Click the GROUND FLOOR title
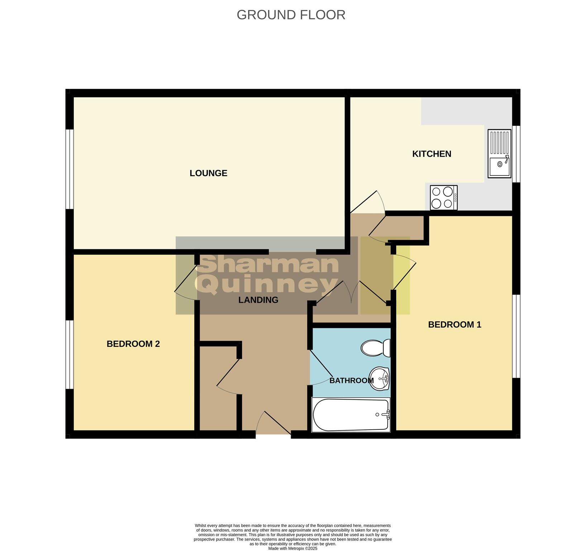[x=291, y=15]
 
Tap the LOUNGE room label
[x=208, y=173]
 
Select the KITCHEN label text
[x=432, y=154]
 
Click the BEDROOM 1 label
[x=455, y=325]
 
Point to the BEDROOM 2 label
[x=133, y=344]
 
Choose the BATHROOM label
[x=351, y=381]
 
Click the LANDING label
[x=258, y=300]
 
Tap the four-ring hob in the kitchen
[x=443, y=197]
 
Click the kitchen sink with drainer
[x=499, y=154]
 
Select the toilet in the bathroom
[x=376, y=348]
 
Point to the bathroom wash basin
[x=380, y=379]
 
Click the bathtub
[x=351, y=415]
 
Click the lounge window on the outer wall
[x=70, y=169]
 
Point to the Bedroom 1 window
[x=516, y=336]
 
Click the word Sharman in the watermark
[x=268, y=265]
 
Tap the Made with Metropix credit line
[x=292, y=548]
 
